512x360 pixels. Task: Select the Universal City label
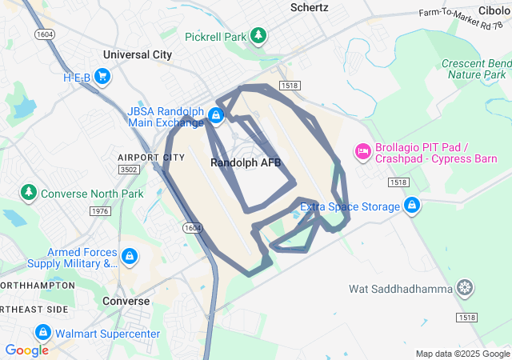[138, 55]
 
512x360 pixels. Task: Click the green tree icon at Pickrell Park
[258, 36]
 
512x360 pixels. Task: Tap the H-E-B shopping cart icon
[102, 78]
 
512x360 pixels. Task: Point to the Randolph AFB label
[246, 162]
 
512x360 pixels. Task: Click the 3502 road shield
[128, 170]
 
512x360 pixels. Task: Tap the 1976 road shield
[100, 211]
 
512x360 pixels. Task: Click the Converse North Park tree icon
[29, 193]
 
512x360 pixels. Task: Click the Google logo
[26, 350]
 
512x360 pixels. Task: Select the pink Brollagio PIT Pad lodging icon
[362, 151]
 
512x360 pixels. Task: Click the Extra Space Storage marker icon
[411, 206]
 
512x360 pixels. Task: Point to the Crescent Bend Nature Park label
[476, 69]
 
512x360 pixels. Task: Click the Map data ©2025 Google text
[462, 354]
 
